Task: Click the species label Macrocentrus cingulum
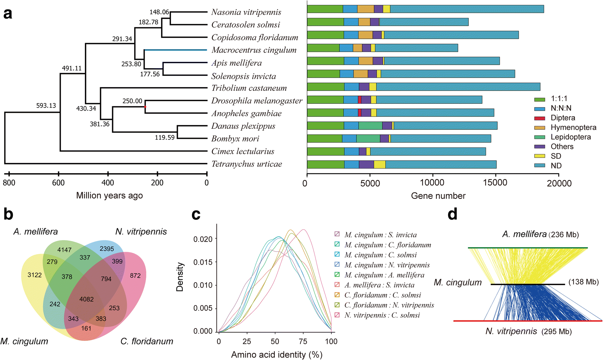[x=254, y=50]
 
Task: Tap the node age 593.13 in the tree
[x=46, y=106]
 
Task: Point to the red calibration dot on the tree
[x=145, y=107]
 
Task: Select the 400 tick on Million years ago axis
[x=108, y=174]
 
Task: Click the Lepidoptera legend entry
[x=570, y=137]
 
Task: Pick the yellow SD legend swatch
[x=539, y=156]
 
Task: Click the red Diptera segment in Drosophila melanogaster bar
[x=359, y=100]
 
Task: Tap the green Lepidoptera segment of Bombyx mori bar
[x=368, y=138]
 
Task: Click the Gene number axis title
[x=438, y=196]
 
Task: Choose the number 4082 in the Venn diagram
[x=86, y=299]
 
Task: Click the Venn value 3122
[x=34, y=275]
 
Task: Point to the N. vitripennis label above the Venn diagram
[x=141, y=232]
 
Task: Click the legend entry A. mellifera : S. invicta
[x=379, y=285]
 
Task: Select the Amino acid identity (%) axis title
[x=276, y=355]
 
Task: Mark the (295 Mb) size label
[x=557, y=332]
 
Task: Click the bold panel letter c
[x=196, y=214]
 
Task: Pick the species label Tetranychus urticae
[x=247, y=164]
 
